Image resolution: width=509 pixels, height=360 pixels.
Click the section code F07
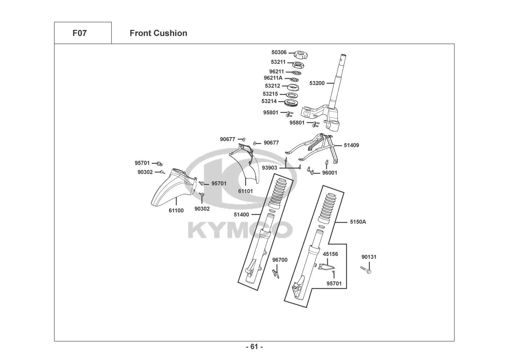tap(79, 33)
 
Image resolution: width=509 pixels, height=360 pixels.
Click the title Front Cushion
tap(158, 33)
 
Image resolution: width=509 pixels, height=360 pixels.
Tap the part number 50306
tap(279, 53)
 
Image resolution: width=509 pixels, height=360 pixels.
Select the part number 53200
tap(317, 83)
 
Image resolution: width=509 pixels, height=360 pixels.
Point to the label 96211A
tap(273, 78)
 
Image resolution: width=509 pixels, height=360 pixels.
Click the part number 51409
tap(351, 145)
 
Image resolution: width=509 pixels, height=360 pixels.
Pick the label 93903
tap(269, 168)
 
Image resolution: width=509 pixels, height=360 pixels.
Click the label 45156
tap(330, 254)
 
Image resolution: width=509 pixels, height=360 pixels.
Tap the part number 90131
tap(369, 257)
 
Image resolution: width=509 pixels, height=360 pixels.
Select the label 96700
tap(280, 260)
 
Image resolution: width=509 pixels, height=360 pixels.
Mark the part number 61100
tap(176, 211)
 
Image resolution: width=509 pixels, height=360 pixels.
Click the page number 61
tap(254, 347)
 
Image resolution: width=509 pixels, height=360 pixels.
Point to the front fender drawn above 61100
tap(173, 187)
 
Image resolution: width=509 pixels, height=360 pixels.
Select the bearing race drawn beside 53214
tap(292, 103)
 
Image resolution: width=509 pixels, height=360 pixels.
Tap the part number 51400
tap(241, 215)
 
